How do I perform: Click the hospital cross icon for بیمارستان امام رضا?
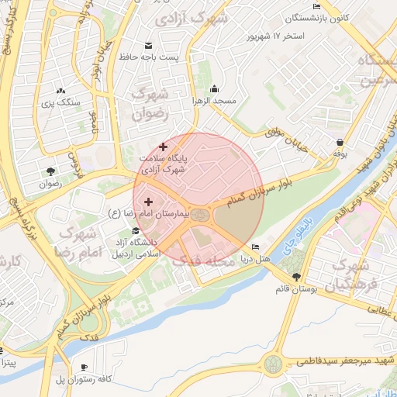click(x=148, y=202)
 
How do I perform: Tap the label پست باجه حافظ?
click(x=148, y=57)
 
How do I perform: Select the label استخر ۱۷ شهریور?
click(x=275, y=36)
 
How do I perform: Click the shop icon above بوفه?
click(x=341, y=142)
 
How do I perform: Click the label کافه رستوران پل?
click(x=83, y=379)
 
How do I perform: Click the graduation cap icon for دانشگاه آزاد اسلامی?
click(x=137, y=230)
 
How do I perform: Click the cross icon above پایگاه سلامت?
click(x=163, y=146)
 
